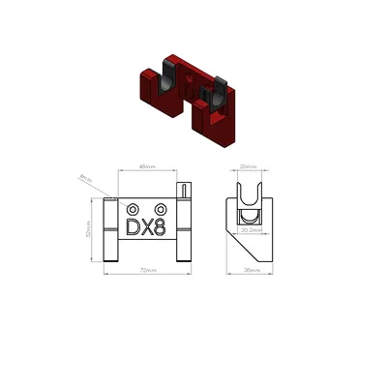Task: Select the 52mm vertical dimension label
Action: (88, 231)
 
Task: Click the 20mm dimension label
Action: (249, 166)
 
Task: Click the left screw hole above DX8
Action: (133, 209)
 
